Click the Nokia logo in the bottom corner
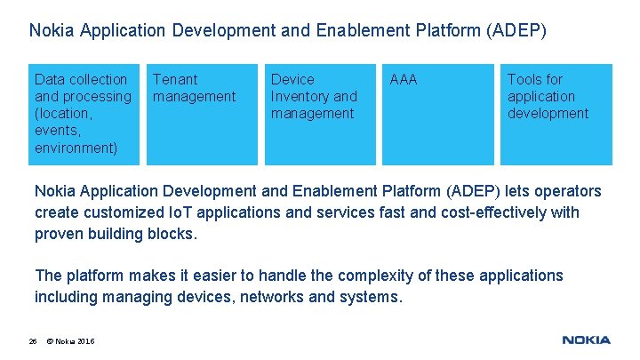point(586,340)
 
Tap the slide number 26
point(33,341)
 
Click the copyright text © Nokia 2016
point(70,341)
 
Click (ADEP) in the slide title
point(516,31)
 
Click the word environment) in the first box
point(76,148)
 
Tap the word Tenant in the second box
point(175,79)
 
